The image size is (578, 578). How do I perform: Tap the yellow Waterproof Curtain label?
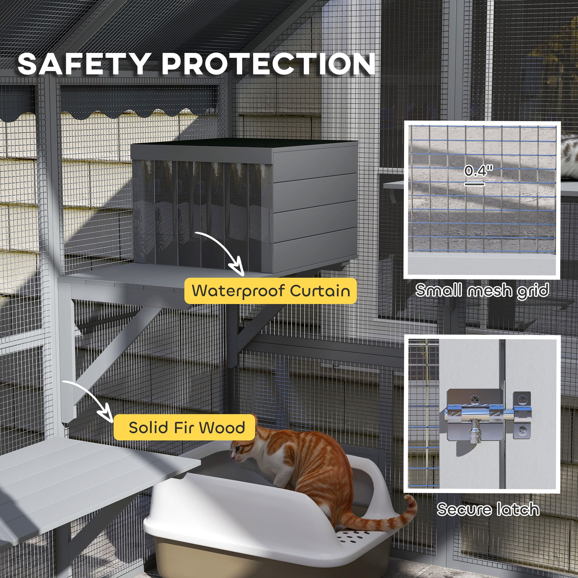click(x=271, y=290)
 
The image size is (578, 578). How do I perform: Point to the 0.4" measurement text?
click(x=478, y=172)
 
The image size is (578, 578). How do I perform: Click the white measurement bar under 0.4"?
click(x=475, y=184)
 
